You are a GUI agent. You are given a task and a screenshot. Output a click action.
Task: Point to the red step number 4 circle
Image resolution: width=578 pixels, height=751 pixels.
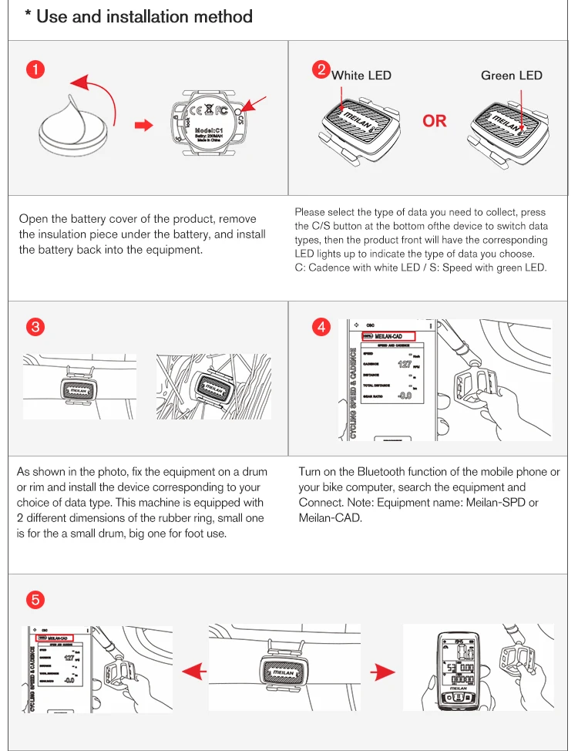pos(321,326)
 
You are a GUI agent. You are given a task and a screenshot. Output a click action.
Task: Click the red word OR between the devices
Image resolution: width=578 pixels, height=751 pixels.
pos(434,120)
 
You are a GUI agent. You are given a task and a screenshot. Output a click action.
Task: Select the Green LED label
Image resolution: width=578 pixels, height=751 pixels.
pos(511,75)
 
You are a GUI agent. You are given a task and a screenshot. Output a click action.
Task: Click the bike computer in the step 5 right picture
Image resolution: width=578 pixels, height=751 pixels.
pos(454,670)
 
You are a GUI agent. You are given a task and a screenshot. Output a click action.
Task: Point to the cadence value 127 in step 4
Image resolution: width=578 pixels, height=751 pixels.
pos(405,364)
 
